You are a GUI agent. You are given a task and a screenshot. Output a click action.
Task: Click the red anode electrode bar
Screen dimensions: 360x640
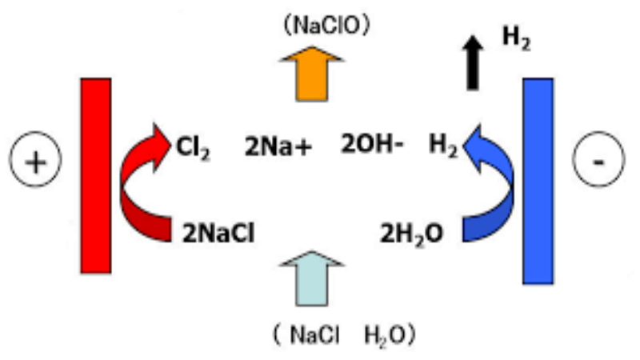pos(95,175)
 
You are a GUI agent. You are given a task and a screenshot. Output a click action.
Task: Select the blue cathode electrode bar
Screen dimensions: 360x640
pos(538,180)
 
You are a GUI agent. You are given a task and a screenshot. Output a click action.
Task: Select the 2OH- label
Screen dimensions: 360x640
pos(371,146)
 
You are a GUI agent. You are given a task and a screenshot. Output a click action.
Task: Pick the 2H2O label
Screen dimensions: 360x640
pos(410,232)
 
